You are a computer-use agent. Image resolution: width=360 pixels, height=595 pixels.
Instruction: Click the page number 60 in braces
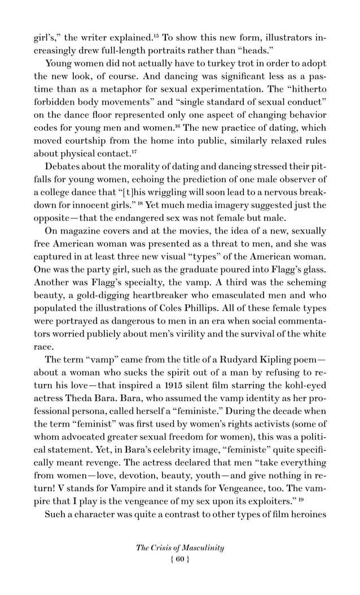pos(180,561)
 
